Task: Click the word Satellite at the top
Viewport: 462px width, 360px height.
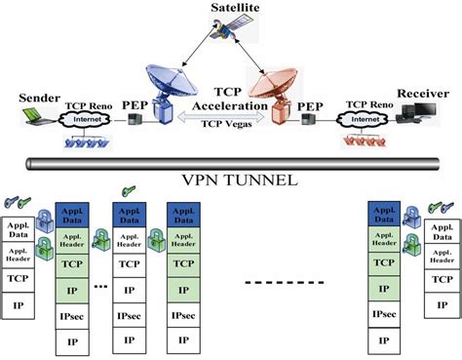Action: (x=232, y=8)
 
